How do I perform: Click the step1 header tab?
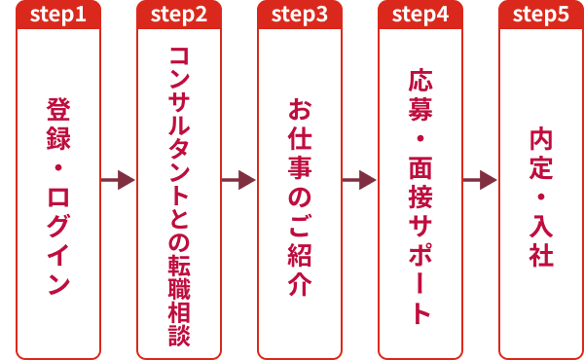tap(58, 15)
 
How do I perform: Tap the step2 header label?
tap(179, 15)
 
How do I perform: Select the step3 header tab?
tap(300, 15)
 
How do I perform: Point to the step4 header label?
tap(420, 15)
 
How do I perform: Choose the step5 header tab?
tap(541, 15)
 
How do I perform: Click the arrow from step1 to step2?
tap(118, 180)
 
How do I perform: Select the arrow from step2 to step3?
tap(238, 180)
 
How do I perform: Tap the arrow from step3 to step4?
tap(359, 180)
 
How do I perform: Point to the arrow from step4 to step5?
tap(480, 180)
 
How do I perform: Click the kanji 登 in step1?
tap(58, 109)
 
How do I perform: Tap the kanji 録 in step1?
tap(58, 138)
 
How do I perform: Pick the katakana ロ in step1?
tap(58, 198)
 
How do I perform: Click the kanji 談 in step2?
tap(179, 336)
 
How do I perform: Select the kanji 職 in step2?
tap(179, 288)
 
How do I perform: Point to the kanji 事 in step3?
tap(300, 167)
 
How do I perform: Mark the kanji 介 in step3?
tap(300, 284)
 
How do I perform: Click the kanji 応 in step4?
tap(420, 80)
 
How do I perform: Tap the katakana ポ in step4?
tap(420, 255)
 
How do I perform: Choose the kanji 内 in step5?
tap(541, 138)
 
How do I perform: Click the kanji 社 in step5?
tap(541, 255)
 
